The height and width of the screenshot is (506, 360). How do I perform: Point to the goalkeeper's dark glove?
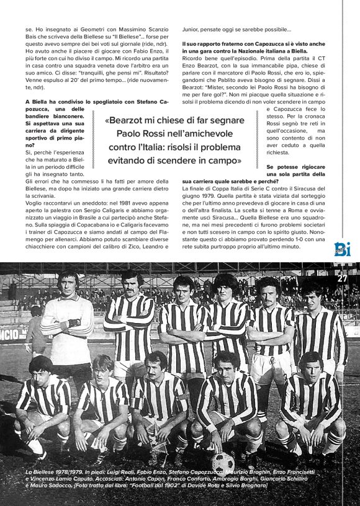[74, 322]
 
